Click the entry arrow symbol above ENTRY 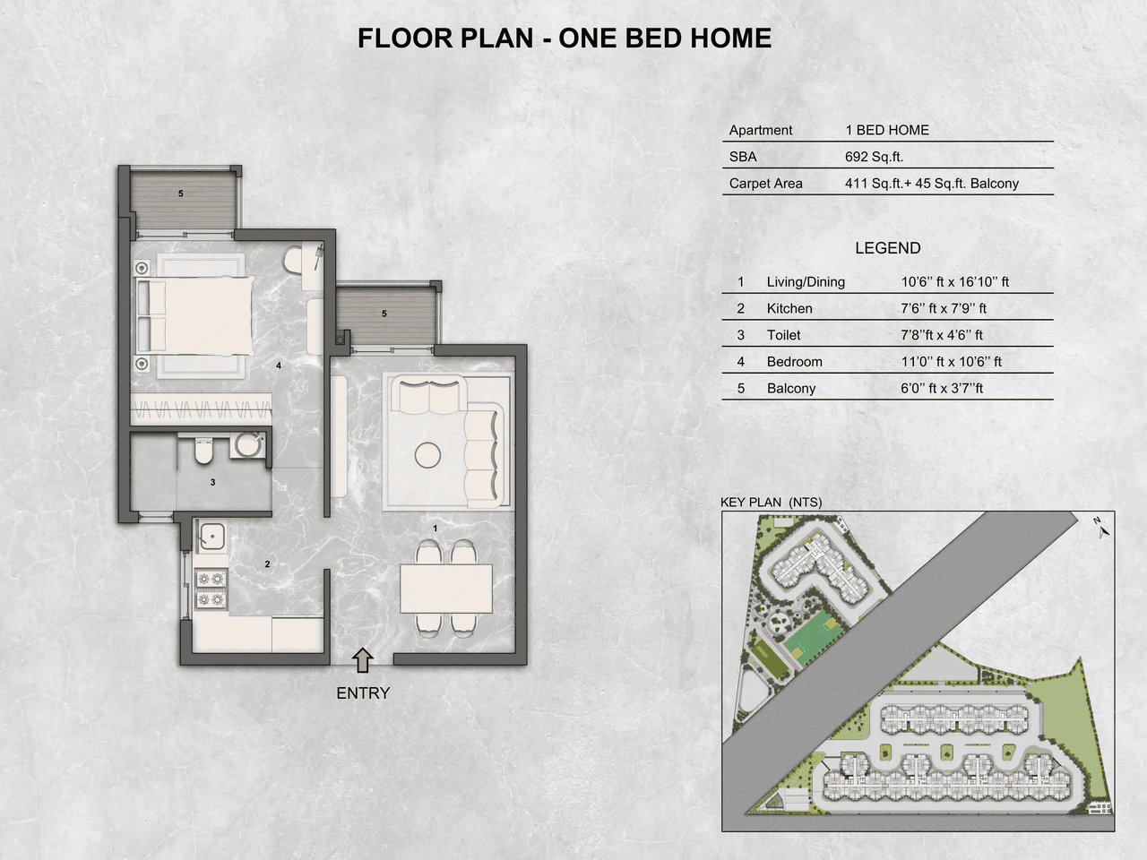point(362,661)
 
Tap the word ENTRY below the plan point(363,692)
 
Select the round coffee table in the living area point(427,455)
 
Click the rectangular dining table point(446,589)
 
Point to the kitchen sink point(212,536)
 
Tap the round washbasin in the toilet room point(246,445)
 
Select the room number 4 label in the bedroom point(279,365)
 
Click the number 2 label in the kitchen point(267,563)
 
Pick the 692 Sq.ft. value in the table point(874,157)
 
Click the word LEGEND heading point(887,248)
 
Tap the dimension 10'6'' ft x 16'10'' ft point(954,281)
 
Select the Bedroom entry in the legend point(794,362)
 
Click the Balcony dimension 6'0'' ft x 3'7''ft point(942,388)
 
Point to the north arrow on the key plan point(1100,528)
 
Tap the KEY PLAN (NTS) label point(771,503)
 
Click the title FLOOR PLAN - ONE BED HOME point(565,39)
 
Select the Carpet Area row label point(765,184)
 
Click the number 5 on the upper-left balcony point(181,193)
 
